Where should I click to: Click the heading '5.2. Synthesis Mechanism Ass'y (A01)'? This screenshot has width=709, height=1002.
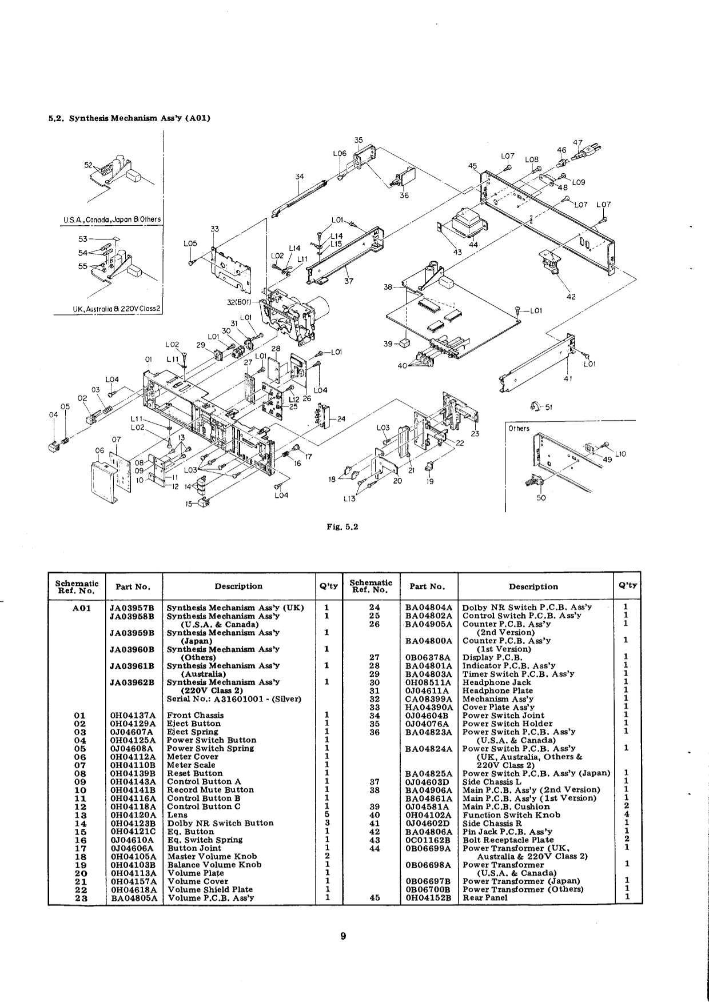pos(129,118)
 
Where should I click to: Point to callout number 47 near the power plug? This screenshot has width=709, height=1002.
pos(577,143)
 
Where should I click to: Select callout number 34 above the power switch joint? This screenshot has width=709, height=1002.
pos(300,176)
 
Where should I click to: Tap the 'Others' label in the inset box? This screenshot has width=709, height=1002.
pos(519,428)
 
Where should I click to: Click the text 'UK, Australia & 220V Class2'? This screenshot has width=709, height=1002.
pos(117,309)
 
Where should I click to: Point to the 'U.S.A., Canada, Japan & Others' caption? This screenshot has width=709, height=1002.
pos(112,219)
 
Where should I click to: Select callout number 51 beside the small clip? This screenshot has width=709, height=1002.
pos(549,408)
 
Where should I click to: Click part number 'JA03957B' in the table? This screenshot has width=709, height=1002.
pos(132,608)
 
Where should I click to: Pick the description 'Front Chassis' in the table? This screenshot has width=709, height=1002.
pos(195,715)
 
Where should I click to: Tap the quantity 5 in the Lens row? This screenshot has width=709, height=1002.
pos(326,815)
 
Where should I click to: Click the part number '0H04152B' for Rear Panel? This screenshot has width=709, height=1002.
pos(428,897)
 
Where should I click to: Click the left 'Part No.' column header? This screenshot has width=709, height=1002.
pos(133,586)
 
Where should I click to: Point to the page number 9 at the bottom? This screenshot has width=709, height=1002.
pos(342,936)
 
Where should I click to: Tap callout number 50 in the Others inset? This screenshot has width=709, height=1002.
pos(541,497)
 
